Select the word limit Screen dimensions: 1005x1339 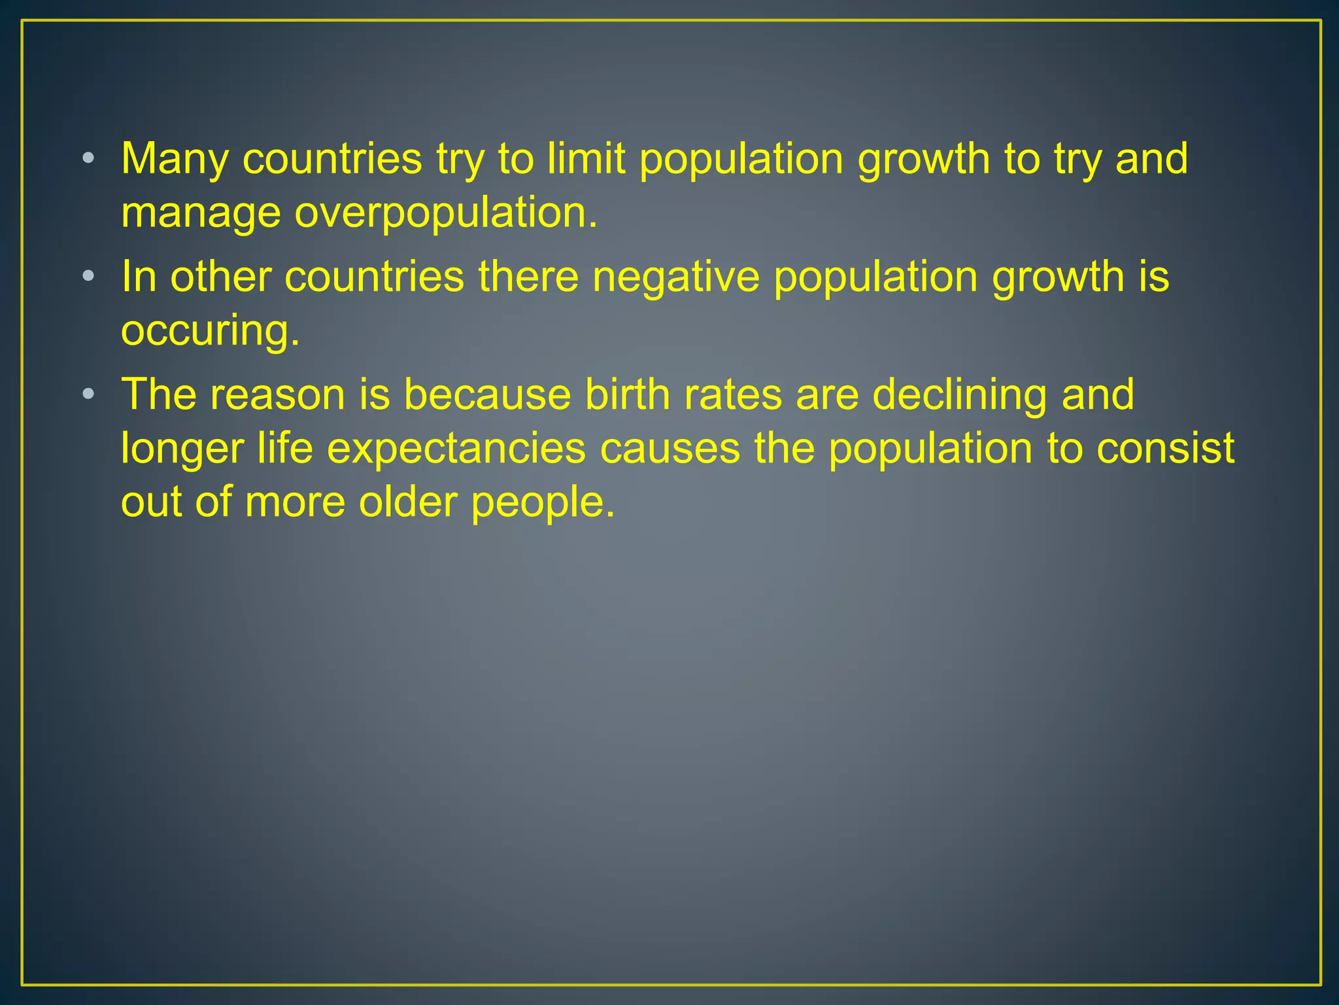tap(586, 159)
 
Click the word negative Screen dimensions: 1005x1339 tap(675, 277)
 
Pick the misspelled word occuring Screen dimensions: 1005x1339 tap(210, 330)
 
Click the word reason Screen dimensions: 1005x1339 tap(277, 395)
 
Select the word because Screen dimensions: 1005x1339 tap(487, 395)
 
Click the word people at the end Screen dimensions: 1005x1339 tap(543, 503)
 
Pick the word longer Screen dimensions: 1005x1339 tap(182, 450)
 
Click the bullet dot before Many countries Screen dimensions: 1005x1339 tap(88, 158)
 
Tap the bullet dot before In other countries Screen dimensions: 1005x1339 tap(88, 275)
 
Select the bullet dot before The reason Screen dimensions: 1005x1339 tap(88, 394)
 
